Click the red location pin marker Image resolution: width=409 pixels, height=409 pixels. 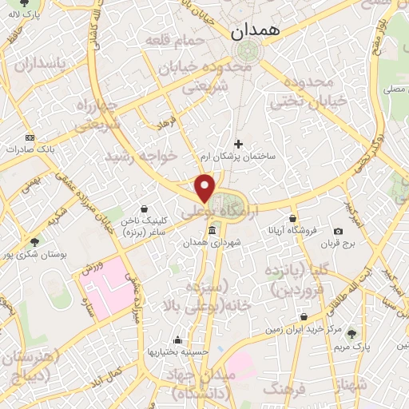[205, 188]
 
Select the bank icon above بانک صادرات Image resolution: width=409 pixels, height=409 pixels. [30, 137]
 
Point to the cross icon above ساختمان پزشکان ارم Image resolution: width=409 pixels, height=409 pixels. [238, 143]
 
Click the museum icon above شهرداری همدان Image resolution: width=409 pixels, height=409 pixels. [212, 231]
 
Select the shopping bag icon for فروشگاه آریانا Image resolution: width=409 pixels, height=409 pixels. [293, 218]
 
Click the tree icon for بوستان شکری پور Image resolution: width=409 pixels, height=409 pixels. [34, 241]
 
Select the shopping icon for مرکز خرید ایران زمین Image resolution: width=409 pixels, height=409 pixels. [302, 316]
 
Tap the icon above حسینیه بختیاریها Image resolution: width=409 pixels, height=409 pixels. [177, 340]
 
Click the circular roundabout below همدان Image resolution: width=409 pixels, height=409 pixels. [245, 50]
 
